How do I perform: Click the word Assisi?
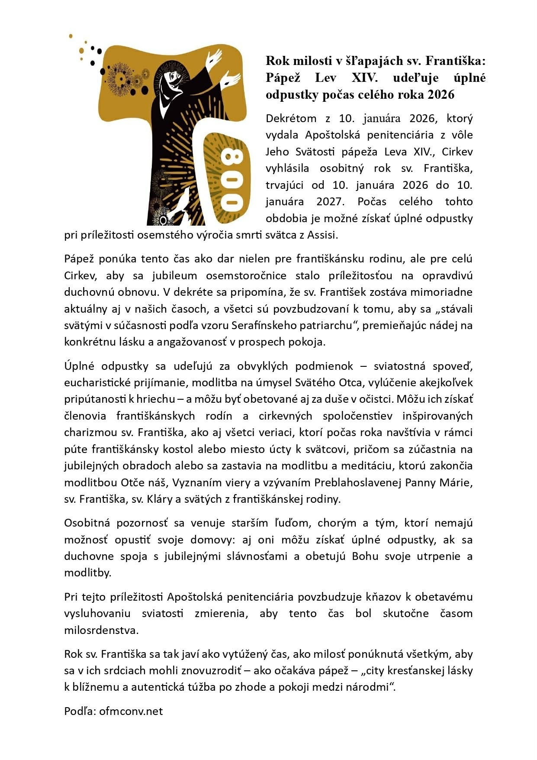point(322,236)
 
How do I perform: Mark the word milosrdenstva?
point(101,630)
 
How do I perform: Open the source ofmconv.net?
point(131,711)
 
